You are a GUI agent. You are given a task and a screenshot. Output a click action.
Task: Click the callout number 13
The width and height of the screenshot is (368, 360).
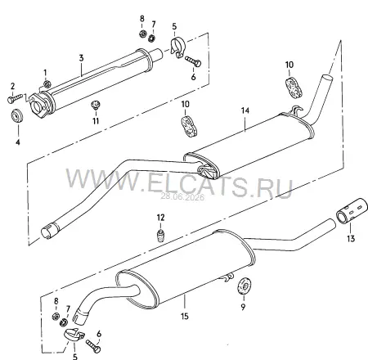click(351, 239)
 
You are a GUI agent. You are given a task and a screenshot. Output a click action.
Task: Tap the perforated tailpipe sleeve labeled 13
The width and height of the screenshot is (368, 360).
click(352, 210)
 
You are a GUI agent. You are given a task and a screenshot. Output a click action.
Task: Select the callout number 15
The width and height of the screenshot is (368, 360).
click(185, 317)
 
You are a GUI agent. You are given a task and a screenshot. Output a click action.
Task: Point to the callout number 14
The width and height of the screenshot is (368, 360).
click(245, 110)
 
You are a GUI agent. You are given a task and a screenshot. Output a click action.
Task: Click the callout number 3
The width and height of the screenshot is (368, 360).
click(81, 58)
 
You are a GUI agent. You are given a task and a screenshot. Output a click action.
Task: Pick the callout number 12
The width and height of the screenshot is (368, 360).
click(160, 218)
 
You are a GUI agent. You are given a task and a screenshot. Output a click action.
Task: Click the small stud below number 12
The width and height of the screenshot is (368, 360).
click(161, 236)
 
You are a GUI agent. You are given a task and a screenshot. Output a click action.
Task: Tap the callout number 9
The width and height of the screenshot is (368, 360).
click(243, 307)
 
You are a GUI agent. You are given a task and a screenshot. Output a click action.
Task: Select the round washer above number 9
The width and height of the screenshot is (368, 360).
click(244, 286)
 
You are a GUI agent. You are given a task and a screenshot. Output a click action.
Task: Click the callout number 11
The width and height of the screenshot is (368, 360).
click(96, 120)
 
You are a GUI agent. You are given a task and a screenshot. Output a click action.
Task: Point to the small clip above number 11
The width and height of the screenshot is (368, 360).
click(96, 106)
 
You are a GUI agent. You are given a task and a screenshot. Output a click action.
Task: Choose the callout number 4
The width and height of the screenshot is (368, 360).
click(18, 142)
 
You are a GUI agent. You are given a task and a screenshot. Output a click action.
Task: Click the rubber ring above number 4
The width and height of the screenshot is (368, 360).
click(17, 116)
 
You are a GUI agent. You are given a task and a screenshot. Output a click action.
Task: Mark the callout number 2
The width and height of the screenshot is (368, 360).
click(12, 86)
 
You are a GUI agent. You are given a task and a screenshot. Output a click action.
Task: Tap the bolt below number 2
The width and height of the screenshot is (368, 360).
click(16, 98)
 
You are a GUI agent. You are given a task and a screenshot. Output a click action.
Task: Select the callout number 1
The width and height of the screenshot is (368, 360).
click(45, 72)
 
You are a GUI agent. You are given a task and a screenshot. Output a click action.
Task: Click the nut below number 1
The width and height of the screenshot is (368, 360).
click(47, 84)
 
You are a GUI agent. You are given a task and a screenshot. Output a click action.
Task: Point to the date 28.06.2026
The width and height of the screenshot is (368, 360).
click(182, 196)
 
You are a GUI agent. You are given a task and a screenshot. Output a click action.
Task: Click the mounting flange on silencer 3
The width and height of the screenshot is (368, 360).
click(39, 105)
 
